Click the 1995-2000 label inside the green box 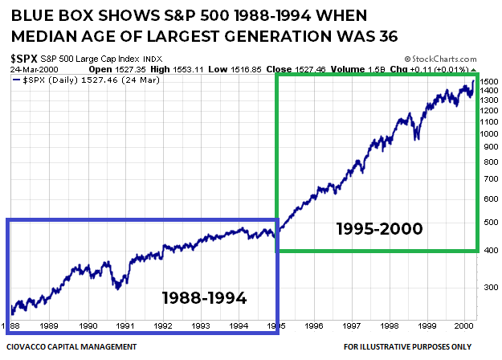pos(379,229)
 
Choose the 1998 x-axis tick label pos(390,326)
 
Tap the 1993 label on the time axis pos(201,326)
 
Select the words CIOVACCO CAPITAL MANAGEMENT pos(75,346)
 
